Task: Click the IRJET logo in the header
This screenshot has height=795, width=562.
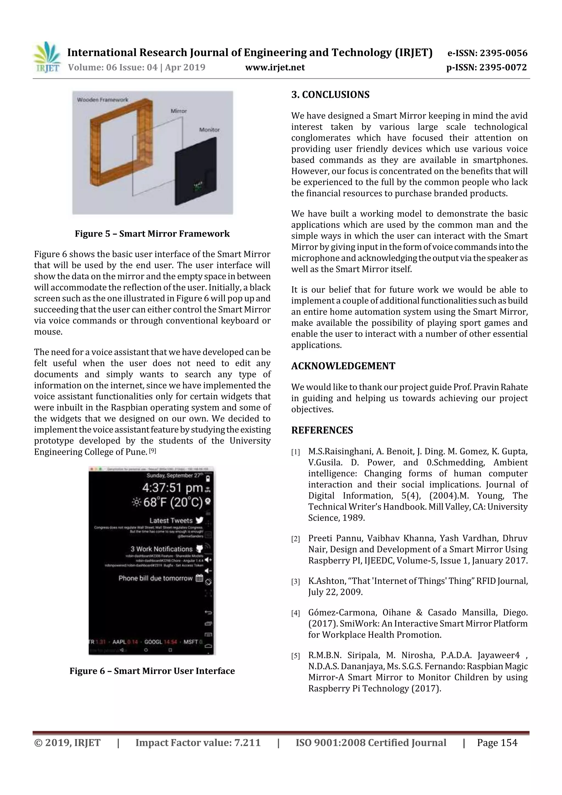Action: [47, 57]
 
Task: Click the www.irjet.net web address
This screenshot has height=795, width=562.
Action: [275, 67]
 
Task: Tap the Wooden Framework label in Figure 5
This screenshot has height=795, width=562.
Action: [103, 100]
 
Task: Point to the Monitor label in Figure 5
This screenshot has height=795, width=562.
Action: [209, 130]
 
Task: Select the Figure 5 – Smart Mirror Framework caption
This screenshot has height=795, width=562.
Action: [152, 234]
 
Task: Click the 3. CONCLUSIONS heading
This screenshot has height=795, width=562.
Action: [330, 94]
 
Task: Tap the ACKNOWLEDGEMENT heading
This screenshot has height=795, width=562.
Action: [343, 366]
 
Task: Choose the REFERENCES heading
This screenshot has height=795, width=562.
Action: [322, 430]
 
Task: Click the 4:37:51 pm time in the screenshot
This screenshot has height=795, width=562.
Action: [172, 488]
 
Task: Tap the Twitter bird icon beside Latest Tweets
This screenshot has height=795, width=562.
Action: [199, 520]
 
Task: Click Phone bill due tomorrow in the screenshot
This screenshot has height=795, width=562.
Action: [156, 578]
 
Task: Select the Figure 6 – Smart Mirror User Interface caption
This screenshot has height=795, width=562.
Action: [152, 671]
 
